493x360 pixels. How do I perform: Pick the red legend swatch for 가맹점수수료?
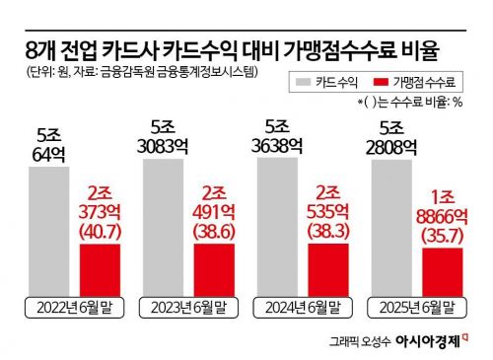(383, 83)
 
